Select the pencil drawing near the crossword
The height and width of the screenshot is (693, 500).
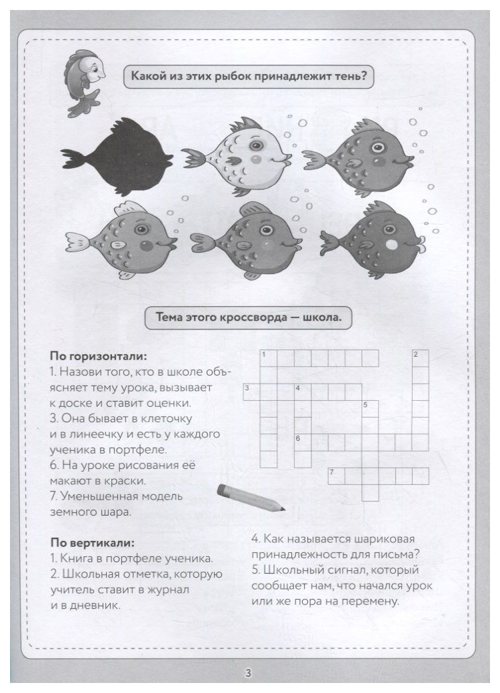(247, 498)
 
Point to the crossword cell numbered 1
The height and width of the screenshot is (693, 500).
(269, 358)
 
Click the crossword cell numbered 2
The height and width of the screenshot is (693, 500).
(420, 358)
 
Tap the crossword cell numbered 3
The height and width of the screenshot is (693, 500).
(251, 392)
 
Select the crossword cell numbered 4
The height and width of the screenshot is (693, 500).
(302, 392)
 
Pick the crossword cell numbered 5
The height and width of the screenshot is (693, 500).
(370, 408)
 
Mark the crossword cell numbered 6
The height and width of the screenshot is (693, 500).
(302, 442)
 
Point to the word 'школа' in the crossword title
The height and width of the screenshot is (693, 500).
(323, 317)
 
